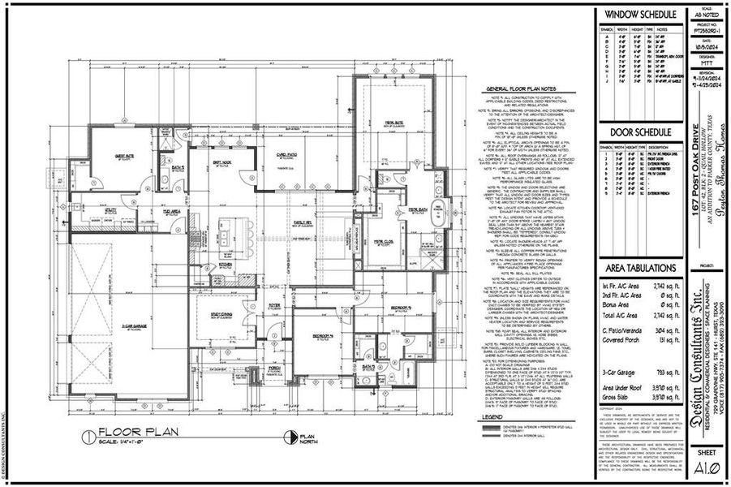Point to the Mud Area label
[x=171, y=210]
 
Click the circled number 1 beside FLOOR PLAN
[x=87, y=434]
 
